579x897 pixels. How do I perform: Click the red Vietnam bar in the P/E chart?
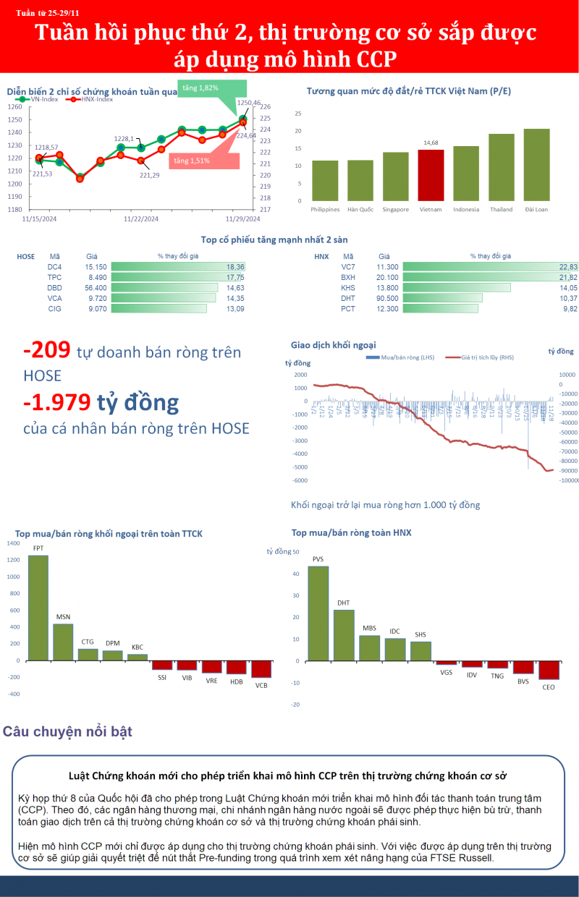431,175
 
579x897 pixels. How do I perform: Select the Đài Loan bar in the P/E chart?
536,165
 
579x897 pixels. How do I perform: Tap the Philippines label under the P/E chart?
325,210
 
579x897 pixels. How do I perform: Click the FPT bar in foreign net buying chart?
38,608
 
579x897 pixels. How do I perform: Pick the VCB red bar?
261,668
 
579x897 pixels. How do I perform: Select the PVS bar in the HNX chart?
318,613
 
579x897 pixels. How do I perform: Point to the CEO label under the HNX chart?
549,687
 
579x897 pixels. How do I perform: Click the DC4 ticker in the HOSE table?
54,267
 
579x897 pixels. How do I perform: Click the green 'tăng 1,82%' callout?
200,88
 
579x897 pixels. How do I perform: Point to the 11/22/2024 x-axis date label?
141,218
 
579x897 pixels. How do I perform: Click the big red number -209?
46,351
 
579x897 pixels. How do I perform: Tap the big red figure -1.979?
57,401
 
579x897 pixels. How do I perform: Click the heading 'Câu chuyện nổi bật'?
68,732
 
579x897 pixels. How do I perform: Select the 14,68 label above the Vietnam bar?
431,143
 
